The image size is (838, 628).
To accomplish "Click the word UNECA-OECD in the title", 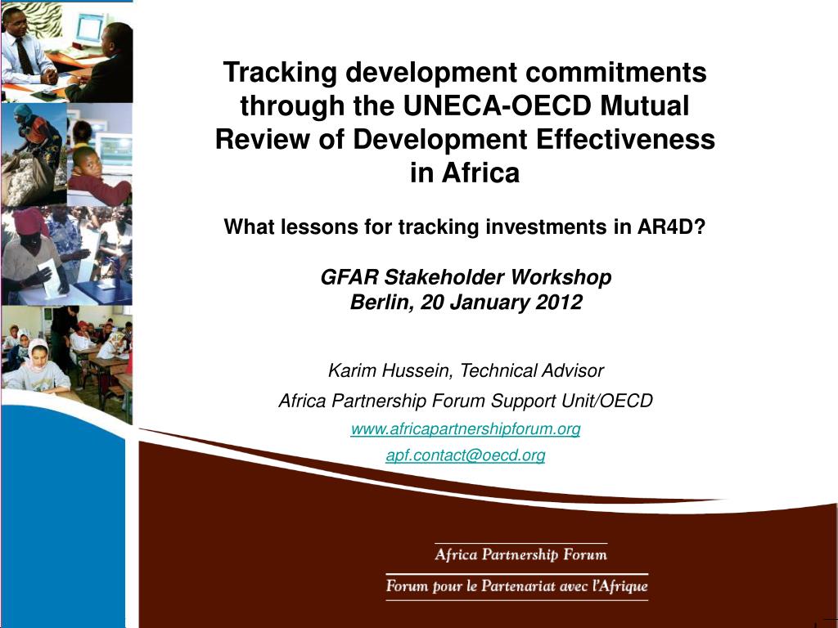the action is [x=497, y=105].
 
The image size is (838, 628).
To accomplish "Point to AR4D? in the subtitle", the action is [x=671, y=227].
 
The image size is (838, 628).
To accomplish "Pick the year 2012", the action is [x=559, y=303].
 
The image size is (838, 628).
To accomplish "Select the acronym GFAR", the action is [x=349, y=277].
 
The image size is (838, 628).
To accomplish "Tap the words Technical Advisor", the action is [x=532, y=370].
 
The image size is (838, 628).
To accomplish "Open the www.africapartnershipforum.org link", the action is [x=466, y=428].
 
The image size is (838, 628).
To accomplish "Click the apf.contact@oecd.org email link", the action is [x=466, y=455].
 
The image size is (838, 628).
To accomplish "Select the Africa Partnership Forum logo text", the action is [x=520, y=554].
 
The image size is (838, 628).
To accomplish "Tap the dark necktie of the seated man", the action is [x=24, y=56].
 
